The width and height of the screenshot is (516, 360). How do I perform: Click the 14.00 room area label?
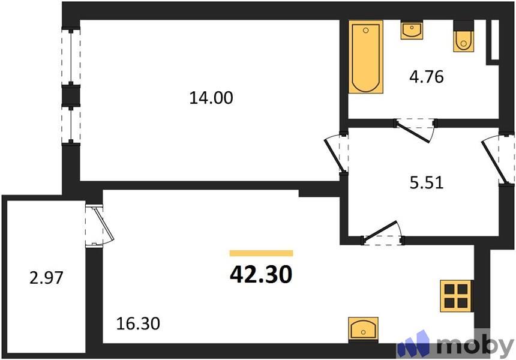[x=211, y=97]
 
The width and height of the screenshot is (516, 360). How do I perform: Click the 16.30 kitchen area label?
[x=138, y=324]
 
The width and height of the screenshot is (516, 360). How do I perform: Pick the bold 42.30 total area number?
[x=261, y=274]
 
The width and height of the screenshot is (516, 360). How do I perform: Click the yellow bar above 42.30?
[x=261, y=253]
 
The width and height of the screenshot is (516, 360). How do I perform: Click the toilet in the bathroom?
[x=463, y=37]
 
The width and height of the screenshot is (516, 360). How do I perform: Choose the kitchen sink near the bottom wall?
[x=364, y=329]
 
